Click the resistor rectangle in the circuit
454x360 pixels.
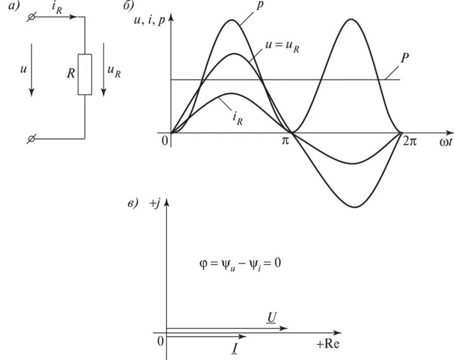tap(84, 74)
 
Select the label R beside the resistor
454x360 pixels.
tap(70, 74)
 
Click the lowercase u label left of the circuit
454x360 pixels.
tap(24, 68)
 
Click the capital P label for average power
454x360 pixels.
tap(404, 58)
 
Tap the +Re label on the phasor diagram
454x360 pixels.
tap(329, 345)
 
